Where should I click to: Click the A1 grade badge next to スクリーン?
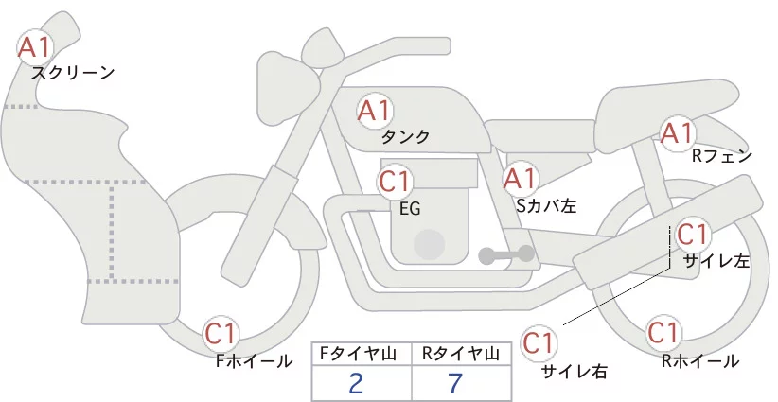pos(34,47)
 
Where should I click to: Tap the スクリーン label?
pos(73,74)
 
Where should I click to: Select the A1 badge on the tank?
pos(375,111)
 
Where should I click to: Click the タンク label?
pos(405,136)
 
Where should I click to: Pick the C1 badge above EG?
pos(395,183)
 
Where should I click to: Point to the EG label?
pos(410,209)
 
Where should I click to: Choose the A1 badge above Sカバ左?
pos(521,179)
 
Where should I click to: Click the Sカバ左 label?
pos(546,205)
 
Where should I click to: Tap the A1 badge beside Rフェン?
pos(678,133)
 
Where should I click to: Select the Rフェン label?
pos(722,157)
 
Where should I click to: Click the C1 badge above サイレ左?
pos(693,235)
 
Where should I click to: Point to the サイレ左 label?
pos(716,261)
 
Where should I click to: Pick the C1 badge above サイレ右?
pos(539,343)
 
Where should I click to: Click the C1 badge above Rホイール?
pos(663,333)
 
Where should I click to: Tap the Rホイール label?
pos(700,361)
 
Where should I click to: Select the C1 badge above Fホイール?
pos(221,334)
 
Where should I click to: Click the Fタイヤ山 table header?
pos(358,354)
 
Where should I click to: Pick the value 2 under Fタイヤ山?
pos(356,383)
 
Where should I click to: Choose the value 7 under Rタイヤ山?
pos(455,383)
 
